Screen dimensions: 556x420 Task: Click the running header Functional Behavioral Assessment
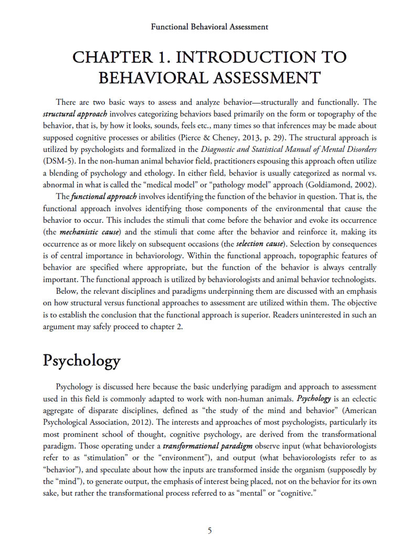point(209,26)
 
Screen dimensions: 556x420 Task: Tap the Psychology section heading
point(81,361)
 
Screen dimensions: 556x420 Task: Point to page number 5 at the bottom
point(209,530)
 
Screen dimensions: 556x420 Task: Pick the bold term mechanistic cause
point(90,231)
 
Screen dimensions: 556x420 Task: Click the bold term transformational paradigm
point(201,446)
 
